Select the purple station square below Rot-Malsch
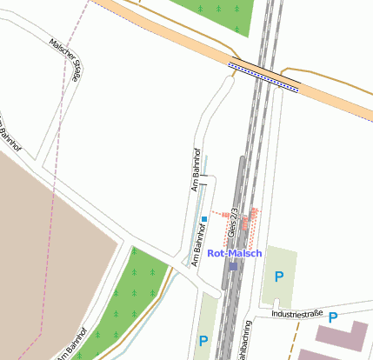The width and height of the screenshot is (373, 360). pos(232,266)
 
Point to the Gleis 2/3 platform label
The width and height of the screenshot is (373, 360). pos(233,223)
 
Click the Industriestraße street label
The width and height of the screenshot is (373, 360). pos(296,313)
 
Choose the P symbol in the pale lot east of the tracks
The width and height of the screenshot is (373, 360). pos(279,277)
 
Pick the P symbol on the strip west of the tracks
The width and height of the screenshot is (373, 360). pos(203,341)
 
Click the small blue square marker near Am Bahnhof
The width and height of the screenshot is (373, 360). pos(204,218)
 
